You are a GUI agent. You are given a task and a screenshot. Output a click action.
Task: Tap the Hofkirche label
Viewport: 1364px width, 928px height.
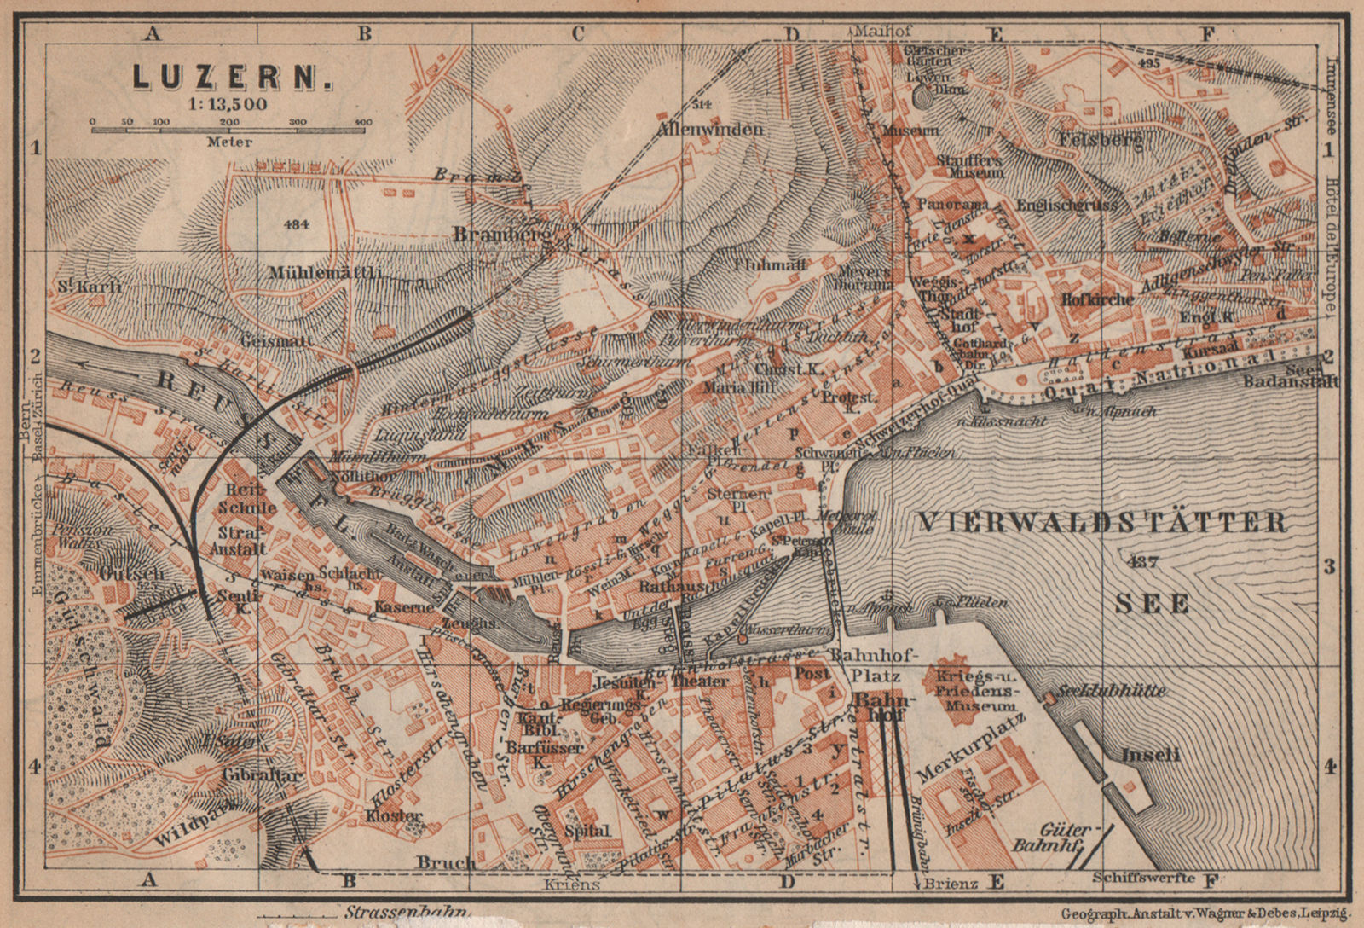pos(1097,299)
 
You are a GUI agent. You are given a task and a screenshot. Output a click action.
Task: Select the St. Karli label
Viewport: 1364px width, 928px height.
pos(90,287)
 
